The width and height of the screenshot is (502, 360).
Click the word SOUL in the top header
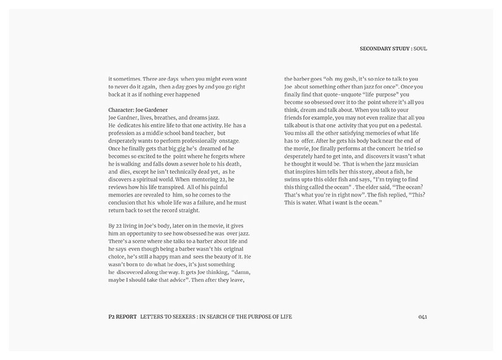[420, 48]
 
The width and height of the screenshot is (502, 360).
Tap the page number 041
[422, 316]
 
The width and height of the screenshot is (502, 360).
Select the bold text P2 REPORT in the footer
[119, 316]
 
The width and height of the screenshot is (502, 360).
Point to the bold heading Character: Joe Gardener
[138, 110]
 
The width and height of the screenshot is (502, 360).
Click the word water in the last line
[315, 203]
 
